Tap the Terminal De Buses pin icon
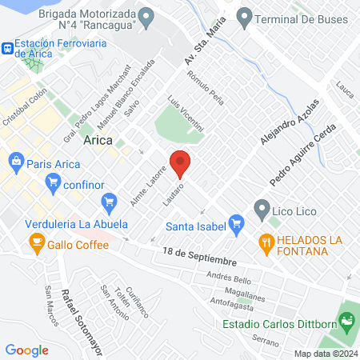tap(244, 15)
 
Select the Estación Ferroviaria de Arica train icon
tap(6, 48)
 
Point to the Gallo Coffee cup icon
tap(36, 242)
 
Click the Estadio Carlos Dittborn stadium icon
tap(347, 323)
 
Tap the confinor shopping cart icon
tap(54, 183)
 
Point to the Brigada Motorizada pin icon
tap(146, 15)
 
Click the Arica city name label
tap(98, 140)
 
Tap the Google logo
tap(27, 350)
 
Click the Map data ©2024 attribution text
tap(324, 354)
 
